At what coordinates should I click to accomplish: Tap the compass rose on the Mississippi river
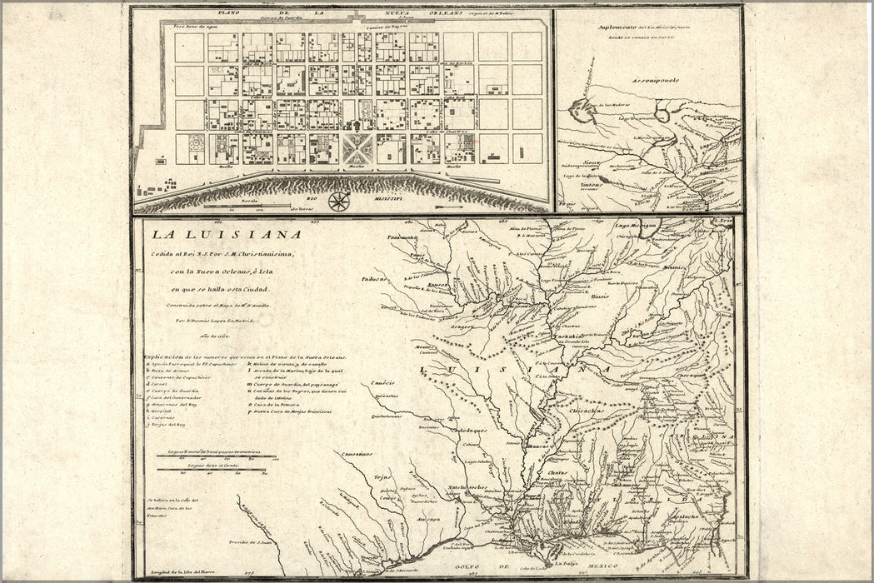[x=339, y=201]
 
